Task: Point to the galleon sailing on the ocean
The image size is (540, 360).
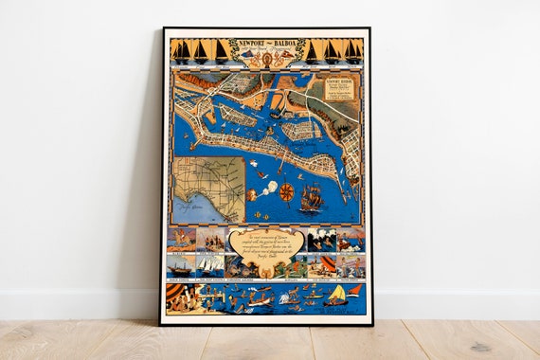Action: click(311, 199)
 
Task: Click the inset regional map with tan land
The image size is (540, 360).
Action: click(207, 189)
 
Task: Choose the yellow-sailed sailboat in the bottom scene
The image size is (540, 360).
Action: click(335, 295)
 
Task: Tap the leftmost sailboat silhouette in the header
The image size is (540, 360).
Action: click(179, 52)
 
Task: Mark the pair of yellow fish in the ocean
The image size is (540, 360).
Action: click(261, 175)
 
